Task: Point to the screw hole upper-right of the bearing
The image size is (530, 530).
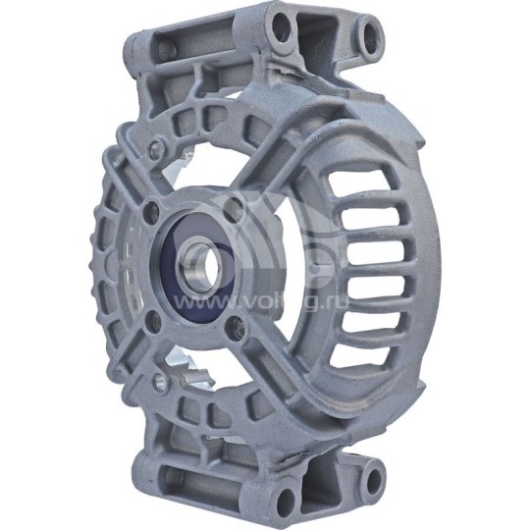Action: pos(233,207)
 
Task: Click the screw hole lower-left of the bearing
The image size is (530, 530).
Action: pos(154,316)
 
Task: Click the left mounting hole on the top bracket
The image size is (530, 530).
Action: pos(282,28)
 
